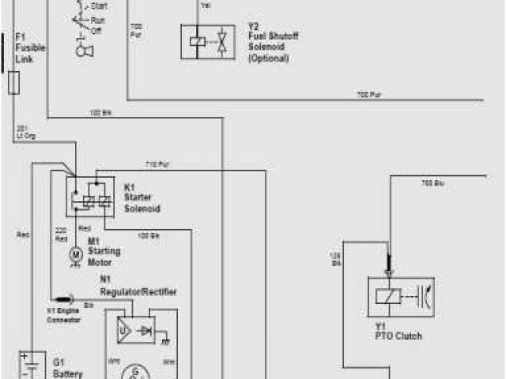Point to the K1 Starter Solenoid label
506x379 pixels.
[x=142, y=197]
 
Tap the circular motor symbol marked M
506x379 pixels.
[x=76, y=254]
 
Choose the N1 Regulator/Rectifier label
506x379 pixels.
[x=138, y=285]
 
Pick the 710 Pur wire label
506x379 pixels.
[x=157, y=164]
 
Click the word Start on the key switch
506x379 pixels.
[x=100, y=6]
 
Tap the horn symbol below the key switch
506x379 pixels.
[x=81, y=50]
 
